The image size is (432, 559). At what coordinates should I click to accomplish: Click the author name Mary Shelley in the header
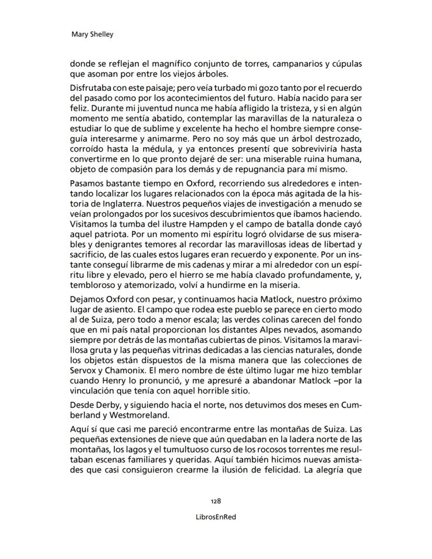point(92,34)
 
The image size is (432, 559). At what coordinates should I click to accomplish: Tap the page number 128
point(215,501)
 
